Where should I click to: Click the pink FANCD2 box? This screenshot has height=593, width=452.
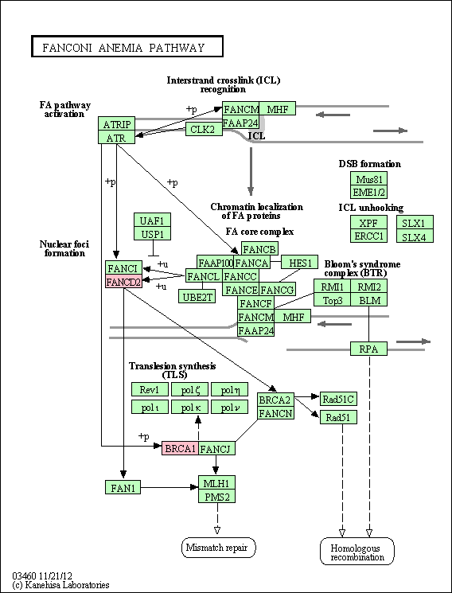coord(123,282)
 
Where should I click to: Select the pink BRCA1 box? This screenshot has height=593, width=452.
coord(180,448)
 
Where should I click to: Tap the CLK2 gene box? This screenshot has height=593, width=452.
coord(203,129)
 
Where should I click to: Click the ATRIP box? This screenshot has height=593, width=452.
coord(116,123)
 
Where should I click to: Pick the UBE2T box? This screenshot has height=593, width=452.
coord(197,296)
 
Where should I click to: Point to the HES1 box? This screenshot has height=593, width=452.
coord(300,262)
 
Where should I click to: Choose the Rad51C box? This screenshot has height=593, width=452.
coord(338,399)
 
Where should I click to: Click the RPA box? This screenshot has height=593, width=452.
coord(368,349)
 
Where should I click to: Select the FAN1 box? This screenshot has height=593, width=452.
coord(123,487)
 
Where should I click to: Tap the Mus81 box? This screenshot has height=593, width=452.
coord(368,178)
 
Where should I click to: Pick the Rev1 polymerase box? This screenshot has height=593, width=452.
coord(150,389)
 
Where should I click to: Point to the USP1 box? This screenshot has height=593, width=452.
coord(153,233)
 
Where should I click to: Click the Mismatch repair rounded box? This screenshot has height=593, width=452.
coord(219,548)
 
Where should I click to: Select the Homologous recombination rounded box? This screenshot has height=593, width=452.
coord(357,552)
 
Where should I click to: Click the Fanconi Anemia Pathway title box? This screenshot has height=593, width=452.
coord(127,46)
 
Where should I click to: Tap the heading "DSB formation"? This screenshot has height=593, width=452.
coord(369,164)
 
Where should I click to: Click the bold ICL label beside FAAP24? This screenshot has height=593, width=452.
coord(257,136)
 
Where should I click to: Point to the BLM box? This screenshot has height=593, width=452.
coord(368,300)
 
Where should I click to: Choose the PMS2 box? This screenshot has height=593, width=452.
coord(216,496)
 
